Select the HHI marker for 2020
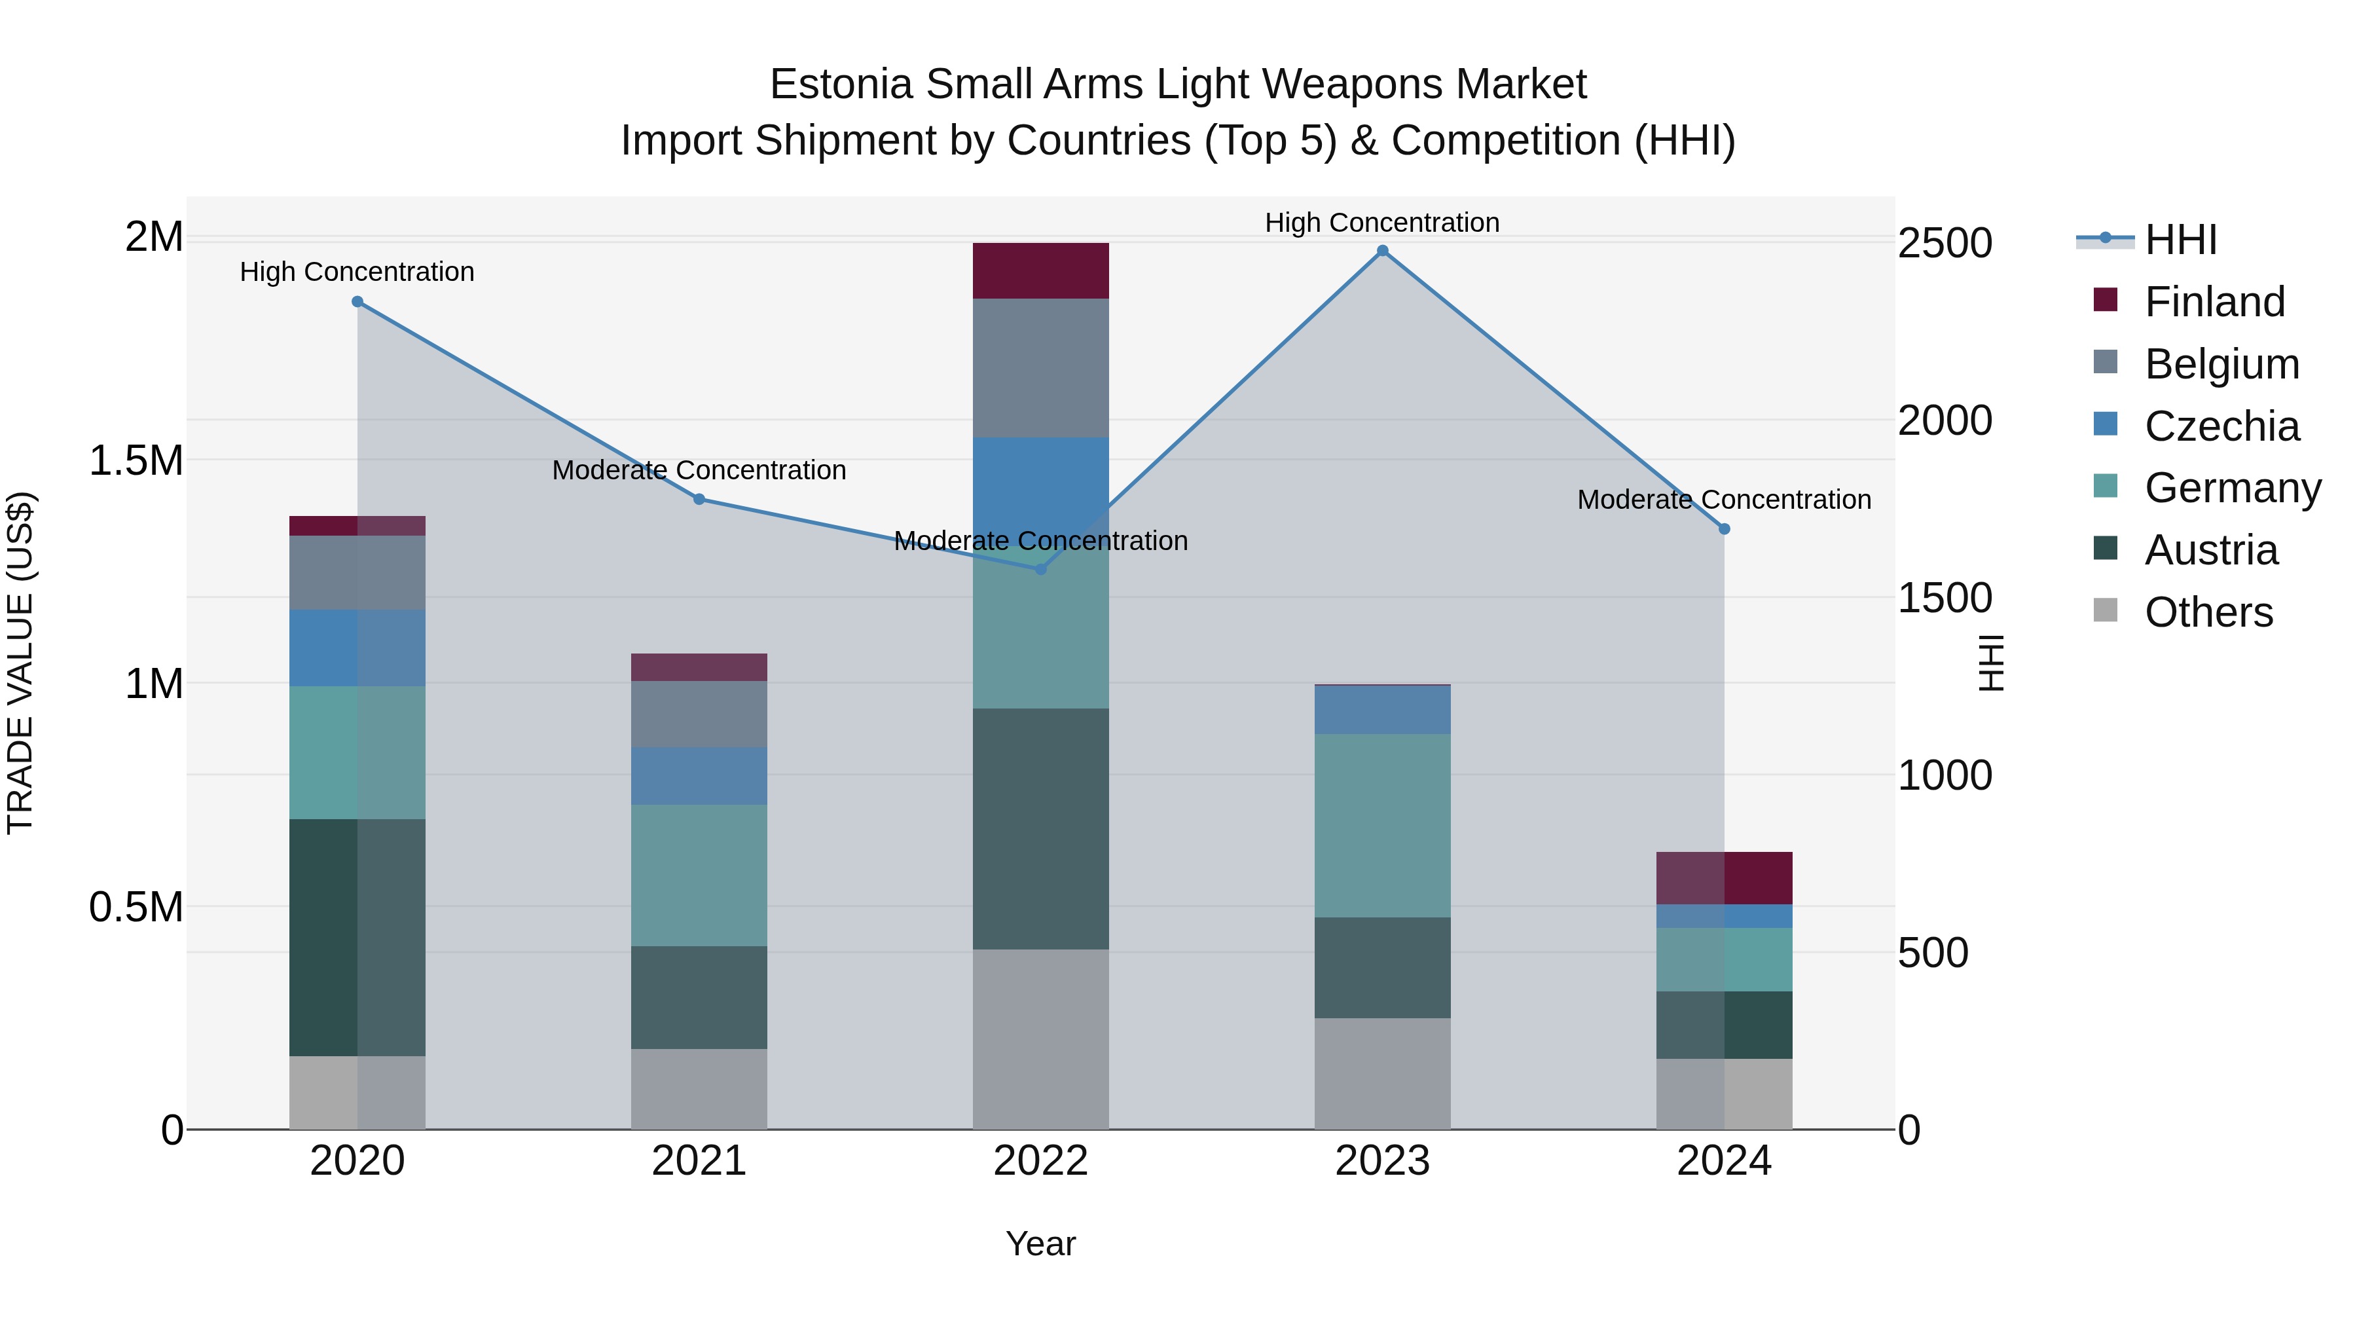click(357, 302)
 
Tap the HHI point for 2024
click(1724, 529)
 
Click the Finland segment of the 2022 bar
click(1040, 271)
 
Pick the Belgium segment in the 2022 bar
click(1040, 368)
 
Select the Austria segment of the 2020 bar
click(357, 937)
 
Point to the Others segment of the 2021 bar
click(699, 1089)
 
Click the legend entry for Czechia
click(2221, 426)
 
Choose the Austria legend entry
click(2210, 550)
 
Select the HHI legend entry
click(2180, 240)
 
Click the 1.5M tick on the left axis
click(136, 460)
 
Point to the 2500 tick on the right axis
click(1945, 244)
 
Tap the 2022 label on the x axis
click(1040, 1161)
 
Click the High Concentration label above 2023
click(1381, 223)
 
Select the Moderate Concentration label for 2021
click(699, 470)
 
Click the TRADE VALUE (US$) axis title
click(20, 663)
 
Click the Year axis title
click(1040, 1243)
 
